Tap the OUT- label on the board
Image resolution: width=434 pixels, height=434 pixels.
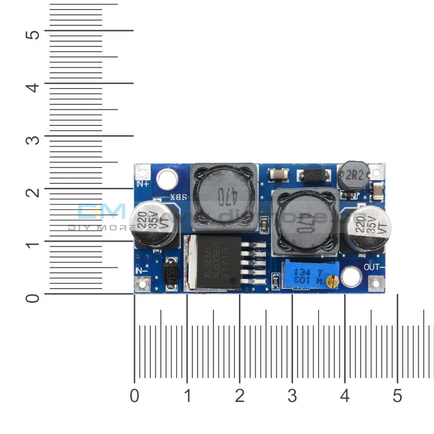tap(375, 266)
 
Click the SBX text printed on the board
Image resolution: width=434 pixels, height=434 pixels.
tap(179, 197)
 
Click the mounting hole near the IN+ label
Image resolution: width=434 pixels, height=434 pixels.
tap(167, 180)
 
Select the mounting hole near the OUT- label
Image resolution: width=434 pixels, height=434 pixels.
tap(351, 277)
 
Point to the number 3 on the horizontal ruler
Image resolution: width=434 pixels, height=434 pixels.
tap(292, 396)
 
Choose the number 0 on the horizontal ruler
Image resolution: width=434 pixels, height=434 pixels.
tap(135, 396)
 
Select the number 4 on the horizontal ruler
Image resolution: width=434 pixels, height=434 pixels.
tap(345, 396)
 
